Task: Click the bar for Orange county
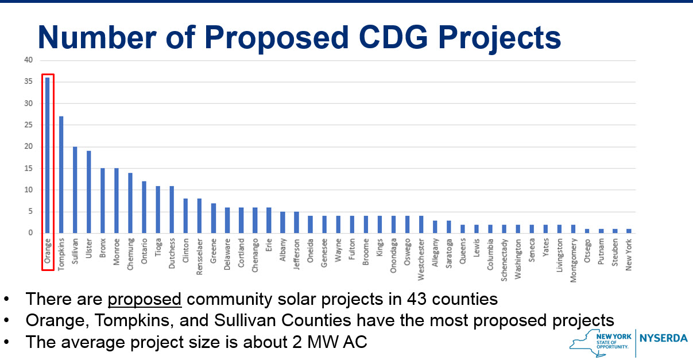click(x=48, y=156)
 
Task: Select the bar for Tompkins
click(x=61, y=175)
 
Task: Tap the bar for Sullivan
click(x=75, y=190)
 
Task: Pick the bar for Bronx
click(x=103, y=201)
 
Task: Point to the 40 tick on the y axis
click(x=29, y=60)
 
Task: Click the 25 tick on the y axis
click(x=29, y=125)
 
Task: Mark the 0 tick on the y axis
click(x=31, y=233)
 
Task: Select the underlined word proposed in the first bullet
click(x=145, y=299)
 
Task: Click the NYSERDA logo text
click(x=663, y=338)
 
